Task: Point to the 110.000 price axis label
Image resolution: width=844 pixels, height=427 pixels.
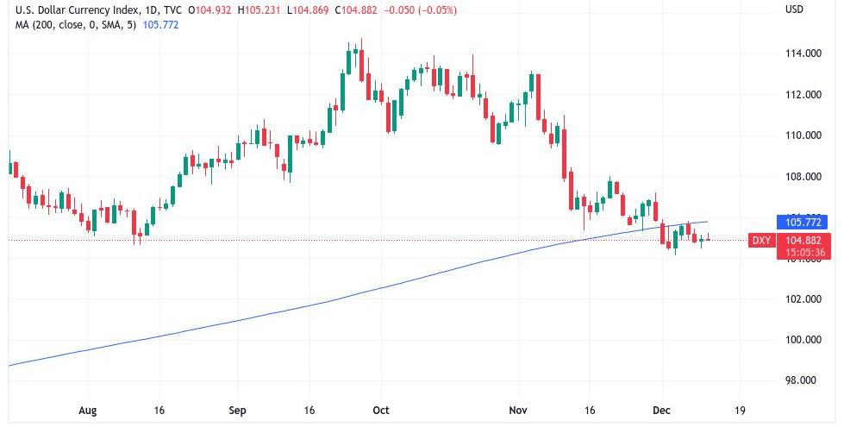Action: point(801,135)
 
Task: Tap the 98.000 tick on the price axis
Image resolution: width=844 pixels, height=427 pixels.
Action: point(801,380)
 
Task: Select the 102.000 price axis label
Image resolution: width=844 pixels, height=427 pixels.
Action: point(801,299)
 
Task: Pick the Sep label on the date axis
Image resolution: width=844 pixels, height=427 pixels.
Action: point(239,410)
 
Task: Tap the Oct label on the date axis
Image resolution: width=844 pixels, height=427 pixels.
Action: point(380,410)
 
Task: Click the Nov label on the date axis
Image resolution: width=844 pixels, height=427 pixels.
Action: point(518,410)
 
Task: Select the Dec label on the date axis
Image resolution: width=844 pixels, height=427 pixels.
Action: point(660,410)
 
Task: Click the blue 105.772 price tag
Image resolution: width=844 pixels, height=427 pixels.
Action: point(802,222)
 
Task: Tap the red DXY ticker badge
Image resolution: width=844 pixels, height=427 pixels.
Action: point(761,241)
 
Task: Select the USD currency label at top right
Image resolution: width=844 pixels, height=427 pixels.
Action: point(794,9)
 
